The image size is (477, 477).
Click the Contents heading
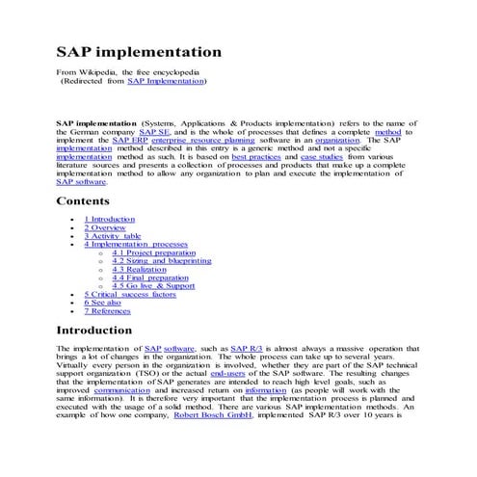(89, 201)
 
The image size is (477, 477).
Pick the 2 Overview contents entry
(105, 228)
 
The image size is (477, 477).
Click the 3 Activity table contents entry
(112, 237)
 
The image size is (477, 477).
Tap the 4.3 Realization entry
(139, 270)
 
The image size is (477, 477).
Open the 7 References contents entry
(107, 311)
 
